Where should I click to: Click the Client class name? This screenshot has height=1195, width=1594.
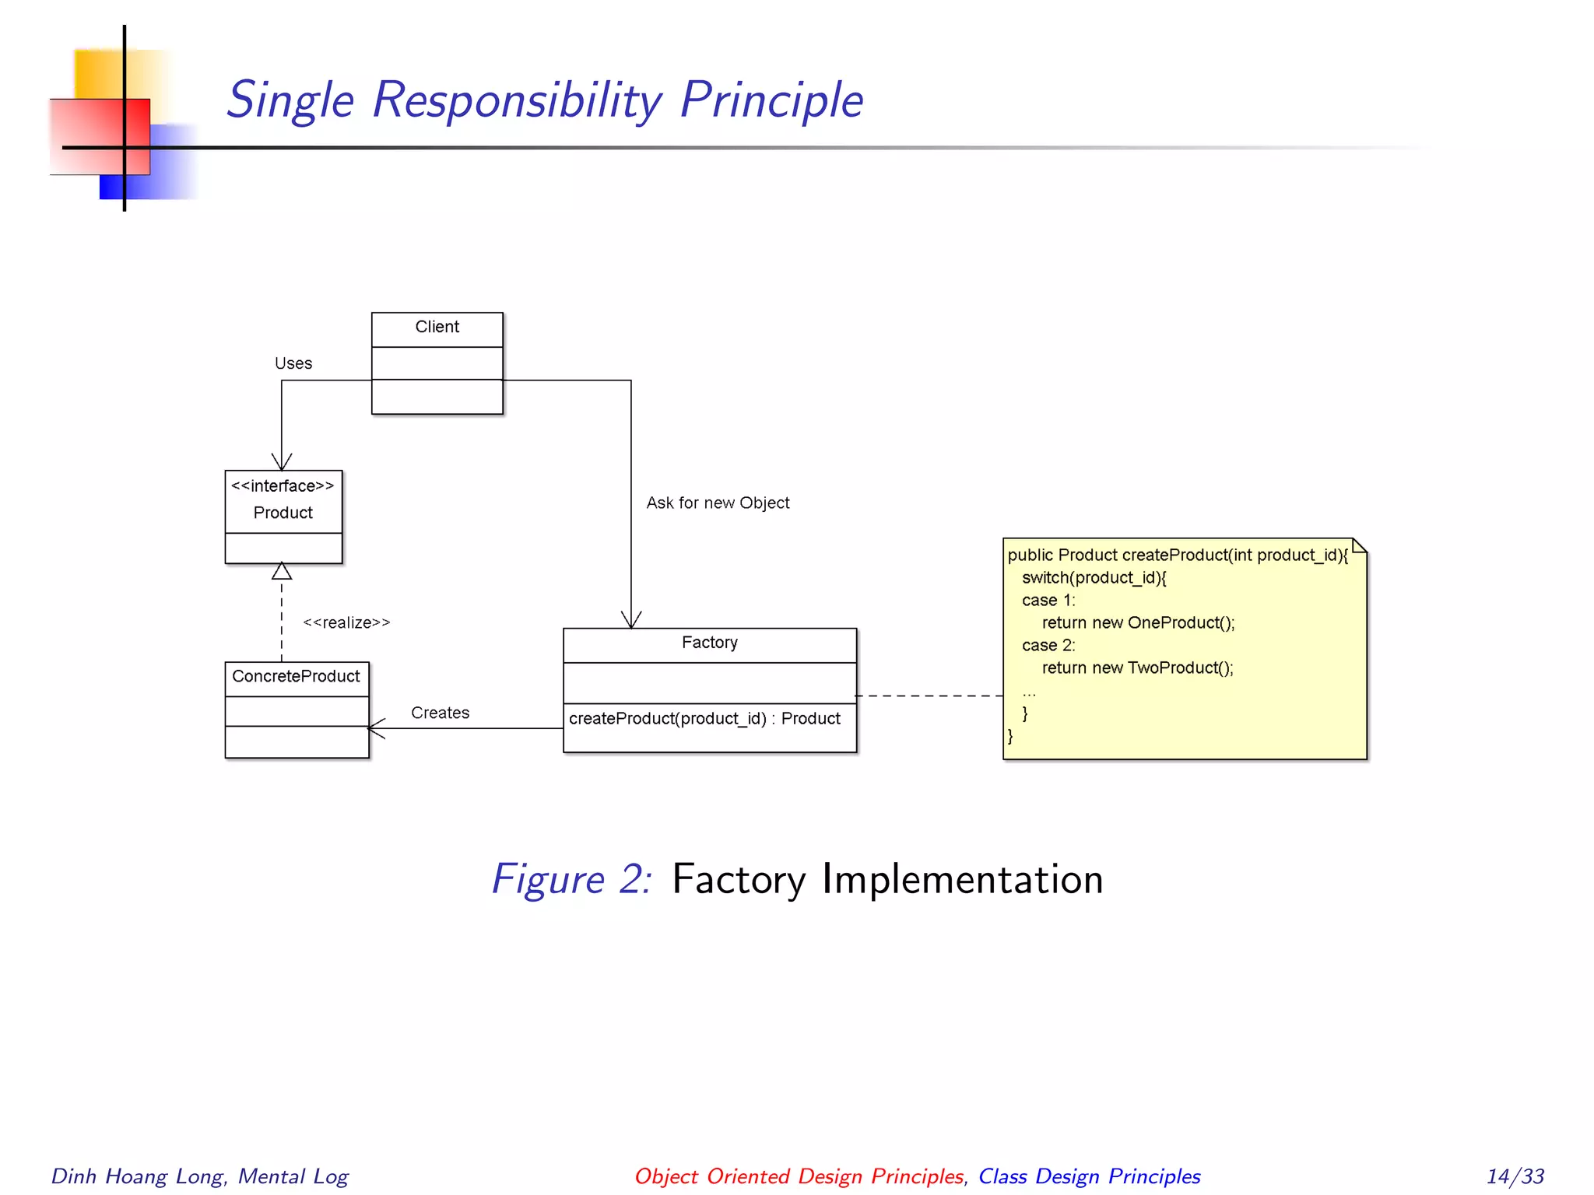point(437,327)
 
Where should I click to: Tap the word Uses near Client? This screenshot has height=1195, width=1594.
point(293,363)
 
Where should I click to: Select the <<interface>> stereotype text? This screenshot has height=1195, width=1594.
point(283,486)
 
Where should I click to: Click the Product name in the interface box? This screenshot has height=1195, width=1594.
point(283,513)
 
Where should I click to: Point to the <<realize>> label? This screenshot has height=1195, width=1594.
point(346,622)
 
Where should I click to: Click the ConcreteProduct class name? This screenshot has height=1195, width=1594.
point(296,676)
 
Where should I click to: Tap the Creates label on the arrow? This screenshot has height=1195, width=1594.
point(440,713)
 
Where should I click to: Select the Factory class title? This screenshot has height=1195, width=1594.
point(709,643)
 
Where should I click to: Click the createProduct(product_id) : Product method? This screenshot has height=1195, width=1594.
point(704,718)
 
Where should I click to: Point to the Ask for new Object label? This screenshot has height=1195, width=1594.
point(718,503)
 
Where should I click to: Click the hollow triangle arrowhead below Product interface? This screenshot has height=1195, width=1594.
point(282,572)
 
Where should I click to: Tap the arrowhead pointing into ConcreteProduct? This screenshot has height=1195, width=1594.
point(375,728)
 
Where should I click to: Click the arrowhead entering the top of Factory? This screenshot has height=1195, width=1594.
point(631,620)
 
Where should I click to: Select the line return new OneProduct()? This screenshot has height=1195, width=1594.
point(1138,622)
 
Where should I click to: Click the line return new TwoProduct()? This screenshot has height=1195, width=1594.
point(1137,668)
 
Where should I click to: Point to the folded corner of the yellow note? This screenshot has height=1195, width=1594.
point(1359,545)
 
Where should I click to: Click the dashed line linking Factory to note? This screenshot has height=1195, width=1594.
point(930,696)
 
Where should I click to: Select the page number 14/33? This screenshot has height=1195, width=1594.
point(1515,1176)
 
